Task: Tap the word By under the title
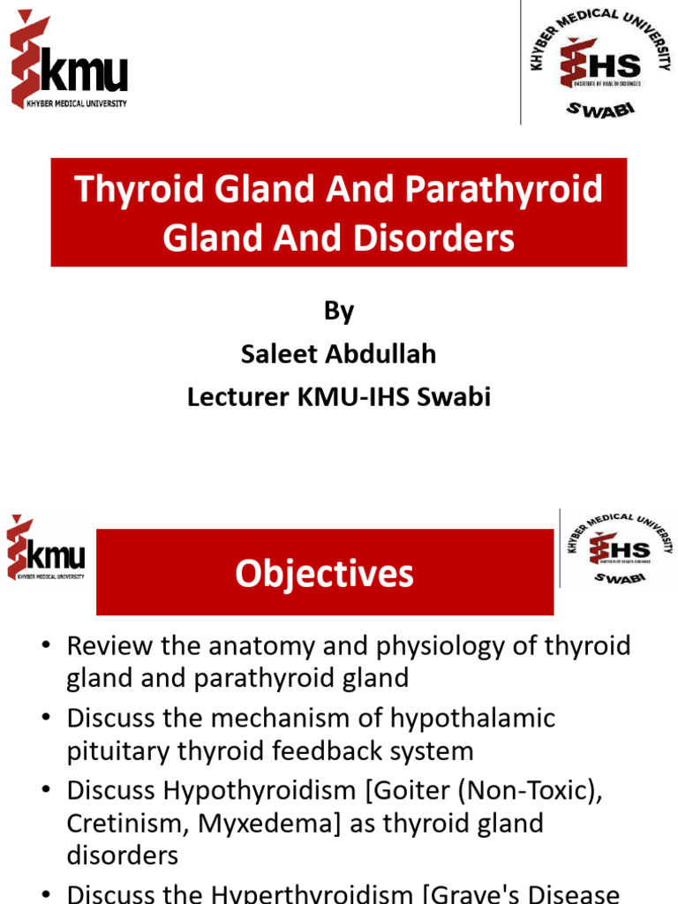pos(339,311)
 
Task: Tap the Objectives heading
pos(324,574)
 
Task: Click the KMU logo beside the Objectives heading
pos(46,549)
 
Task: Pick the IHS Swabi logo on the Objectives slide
pos(619,547)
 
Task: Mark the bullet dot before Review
pos(47,647)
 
